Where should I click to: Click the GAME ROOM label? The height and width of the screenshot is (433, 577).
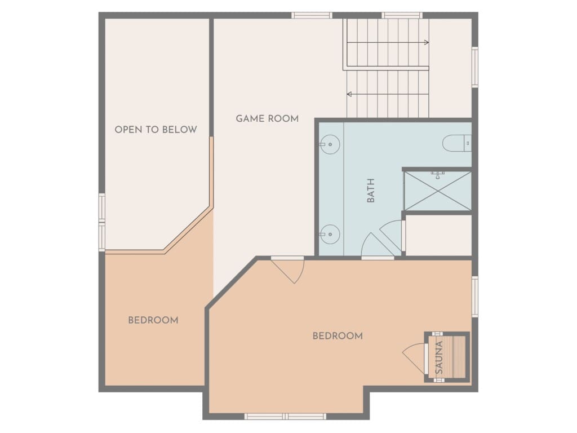point(267,118)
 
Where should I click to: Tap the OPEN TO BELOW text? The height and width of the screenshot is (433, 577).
point(156,130)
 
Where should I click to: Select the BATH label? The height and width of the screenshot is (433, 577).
point(371,191)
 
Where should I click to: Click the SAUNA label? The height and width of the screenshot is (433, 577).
point(439,357)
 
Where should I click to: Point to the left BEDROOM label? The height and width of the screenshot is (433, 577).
point(153,320)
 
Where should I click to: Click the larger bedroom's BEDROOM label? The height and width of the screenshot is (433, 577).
point(338,336)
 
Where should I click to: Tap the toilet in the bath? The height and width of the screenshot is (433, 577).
point(456,143)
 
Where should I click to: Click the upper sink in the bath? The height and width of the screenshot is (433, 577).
point(329,144)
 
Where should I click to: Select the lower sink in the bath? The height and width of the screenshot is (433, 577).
point(329,234)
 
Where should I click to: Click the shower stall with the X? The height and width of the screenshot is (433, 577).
point(437,191)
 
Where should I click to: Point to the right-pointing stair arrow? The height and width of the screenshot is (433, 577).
point(388,42)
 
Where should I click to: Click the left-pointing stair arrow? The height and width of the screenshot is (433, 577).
point(388,94)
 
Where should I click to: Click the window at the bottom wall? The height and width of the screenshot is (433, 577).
point(285,417)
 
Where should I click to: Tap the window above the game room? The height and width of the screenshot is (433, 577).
point(312,15)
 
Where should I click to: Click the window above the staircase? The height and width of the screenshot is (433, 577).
point(402,15)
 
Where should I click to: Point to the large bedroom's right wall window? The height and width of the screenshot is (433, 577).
point(475,297)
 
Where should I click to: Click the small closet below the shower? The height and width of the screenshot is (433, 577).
point(438,235)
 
